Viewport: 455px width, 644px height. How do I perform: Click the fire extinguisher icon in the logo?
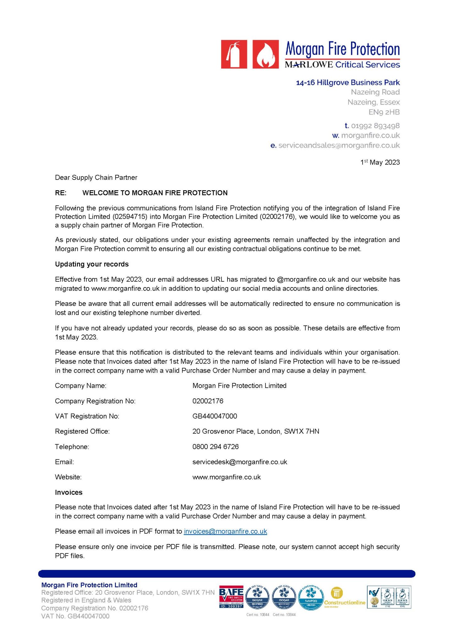click(234, 54)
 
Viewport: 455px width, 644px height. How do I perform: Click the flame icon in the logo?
click(266, 54)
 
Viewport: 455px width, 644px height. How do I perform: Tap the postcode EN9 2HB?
click(384, 112)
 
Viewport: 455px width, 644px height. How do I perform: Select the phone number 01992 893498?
click(375, 126)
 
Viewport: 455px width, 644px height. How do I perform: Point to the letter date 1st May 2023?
click(380, 162)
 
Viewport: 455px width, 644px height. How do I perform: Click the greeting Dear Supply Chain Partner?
click(96, 177)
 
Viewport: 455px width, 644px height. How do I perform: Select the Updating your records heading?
click(92, 264)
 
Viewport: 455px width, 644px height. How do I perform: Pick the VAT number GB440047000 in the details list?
click(215, 416)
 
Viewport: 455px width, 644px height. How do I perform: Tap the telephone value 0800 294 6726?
click(216, 447)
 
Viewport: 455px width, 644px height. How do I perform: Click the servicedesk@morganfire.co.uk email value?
click(240, 462)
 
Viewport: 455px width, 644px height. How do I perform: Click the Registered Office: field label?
click(82, 431)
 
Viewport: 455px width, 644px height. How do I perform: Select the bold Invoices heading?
click(69, 492)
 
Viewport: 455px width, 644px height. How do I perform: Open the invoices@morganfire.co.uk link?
click(225, 531)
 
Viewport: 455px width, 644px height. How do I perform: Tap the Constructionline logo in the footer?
click(344, 597)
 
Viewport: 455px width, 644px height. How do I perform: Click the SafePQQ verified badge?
click(311, 597)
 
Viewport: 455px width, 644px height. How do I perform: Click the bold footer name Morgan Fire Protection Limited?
click(89, 585)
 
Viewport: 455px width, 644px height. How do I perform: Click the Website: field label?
click(68, 477)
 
